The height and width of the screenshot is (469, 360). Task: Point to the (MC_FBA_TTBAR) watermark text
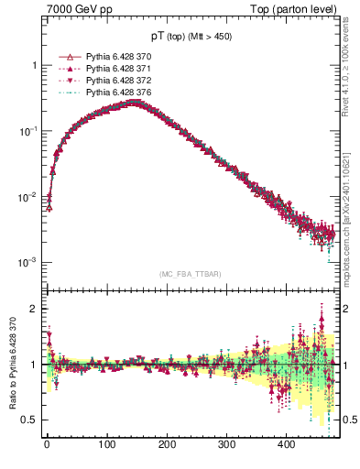(190, 274)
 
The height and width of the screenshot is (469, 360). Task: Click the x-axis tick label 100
(106, 445)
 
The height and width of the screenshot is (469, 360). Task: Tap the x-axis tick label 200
(167, 445)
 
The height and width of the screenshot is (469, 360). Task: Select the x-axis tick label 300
(226, 445)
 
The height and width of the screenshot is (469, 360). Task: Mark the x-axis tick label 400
(286, 445)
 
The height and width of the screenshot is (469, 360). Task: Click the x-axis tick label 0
(47, 445)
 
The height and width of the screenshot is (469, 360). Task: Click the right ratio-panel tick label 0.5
(346, 420)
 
